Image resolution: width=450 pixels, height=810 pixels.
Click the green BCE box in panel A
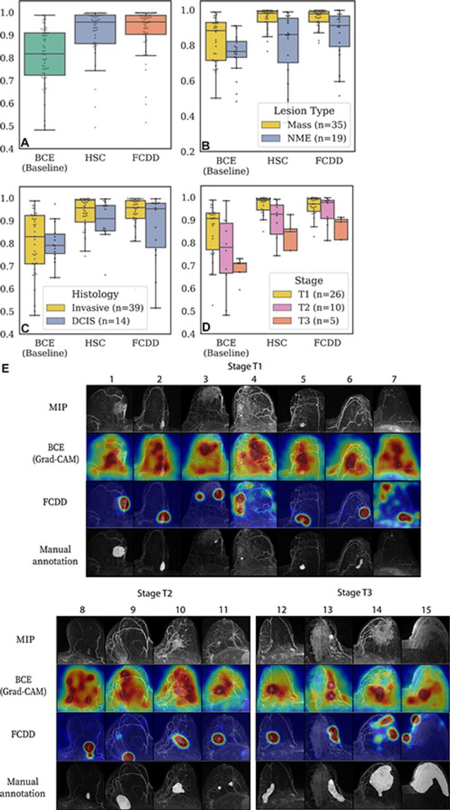tap(49, 54)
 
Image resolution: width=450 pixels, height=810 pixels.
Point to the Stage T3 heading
tap(356, 592)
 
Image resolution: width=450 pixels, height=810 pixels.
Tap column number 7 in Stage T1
tap(396, 380)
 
